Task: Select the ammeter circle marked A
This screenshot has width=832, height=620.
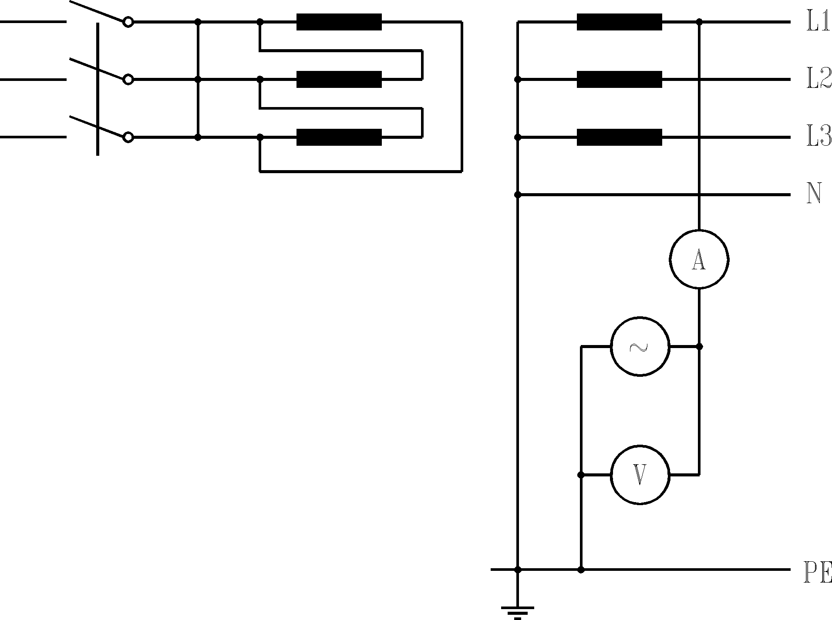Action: tap(699, 260)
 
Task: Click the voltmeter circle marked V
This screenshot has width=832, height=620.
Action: tap(640, 475)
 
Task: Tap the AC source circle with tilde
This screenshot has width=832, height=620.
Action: tap(640, 346)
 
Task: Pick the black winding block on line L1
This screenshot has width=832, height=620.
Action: tap(619, 22)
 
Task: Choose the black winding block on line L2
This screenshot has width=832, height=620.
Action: tap(619, 79)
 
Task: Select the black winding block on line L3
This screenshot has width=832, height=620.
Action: tap(619, 137)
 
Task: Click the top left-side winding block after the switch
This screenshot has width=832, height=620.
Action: tap(339, 22)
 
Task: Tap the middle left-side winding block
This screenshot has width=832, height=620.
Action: tap(339, 79)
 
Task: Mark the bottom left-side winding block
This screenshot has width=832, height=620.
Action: tap(339, 137)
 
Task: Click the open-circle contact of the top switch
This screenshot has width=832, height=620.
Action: tap(128, 22)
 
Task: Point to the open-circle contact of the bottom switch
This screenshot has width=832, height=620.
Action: tap(128, 137)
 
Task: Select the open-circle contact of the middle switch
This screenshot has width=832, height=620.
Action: tap(128, 79)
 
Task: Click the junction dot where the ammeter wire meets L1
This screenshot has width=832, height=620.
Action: tap(699, 21)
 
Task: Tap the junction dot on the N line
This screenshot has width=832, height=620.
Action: tap(517, 194)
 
